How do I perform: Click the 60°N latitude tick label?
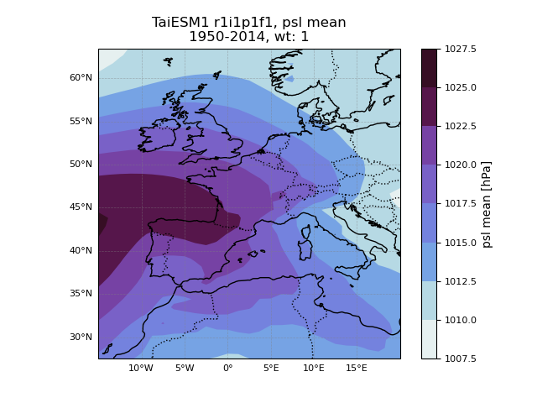[81, 78]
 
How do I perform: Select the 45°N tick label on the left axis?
[81, 207]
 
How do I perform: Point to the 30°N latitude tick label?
[81, 338]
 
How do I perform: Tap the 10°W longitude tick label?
[141, 368]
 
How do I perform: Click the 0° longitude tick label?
[227, 368]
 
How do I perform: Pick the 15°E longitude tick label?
[357, 368]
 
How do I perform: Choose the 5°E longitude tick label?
[270, 368]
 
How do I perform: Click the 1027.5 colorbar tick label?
[460, 50]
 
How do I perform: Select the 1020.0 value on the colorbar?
[460, 165]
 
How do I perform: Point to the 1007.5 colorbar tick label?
[460, 359]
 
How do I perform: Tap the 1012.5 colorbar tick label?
[460, 281]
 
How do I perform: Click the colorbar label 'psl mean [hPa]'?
[487, 204]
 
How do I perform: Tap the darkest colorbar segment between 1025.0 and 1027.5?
[429, 68]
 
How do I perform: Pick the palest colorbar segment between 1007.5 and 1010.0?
[429, 339]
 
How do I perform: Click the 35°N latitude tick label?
[81, 294]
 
